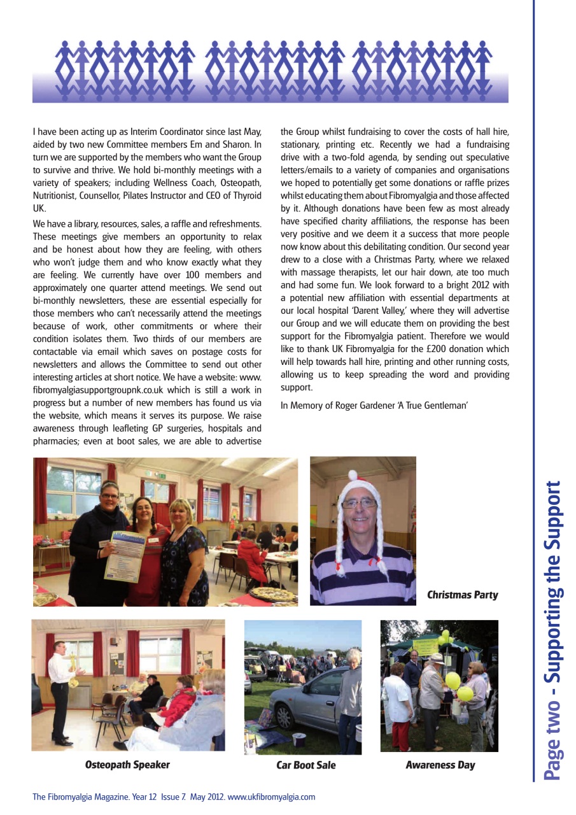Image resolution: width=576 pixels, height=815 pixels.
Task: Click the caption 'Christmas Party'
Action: [x=462, y=595]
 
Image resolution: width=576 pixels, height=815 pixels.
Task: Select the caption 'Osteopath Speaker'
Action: [x=127, y=765]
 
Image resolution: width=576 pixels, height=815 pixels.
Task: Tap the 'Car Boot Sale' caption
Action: [x=306, y=765]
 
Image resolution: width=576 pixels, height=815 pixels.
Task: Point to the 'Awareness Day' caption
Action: [x=440, y=765]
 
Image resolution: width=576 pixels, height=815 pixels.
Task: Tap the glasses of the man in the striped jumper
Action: [x=359, y=503]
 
